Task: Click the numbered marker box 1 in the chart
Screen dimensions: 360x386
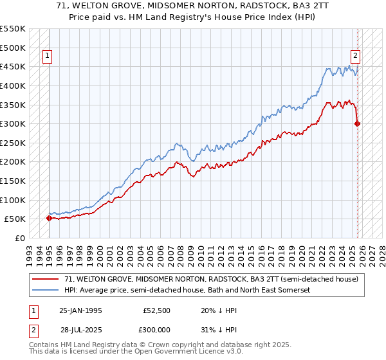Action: coord(48,56)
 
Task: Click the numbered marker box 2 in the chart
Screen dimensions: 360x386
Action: coord(354,56)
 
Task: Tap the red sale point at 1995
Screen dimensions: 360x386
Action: coord(50,218)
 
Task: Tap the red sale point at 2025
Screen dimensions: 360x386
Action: coord(358,123)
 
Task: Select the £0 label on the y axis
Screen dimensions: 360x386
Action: coord(19,238)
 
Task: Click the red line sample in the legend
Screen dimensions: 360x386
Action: coord(45,279)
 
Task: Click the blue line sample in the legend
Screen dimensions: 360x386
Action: coord(45,291)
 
